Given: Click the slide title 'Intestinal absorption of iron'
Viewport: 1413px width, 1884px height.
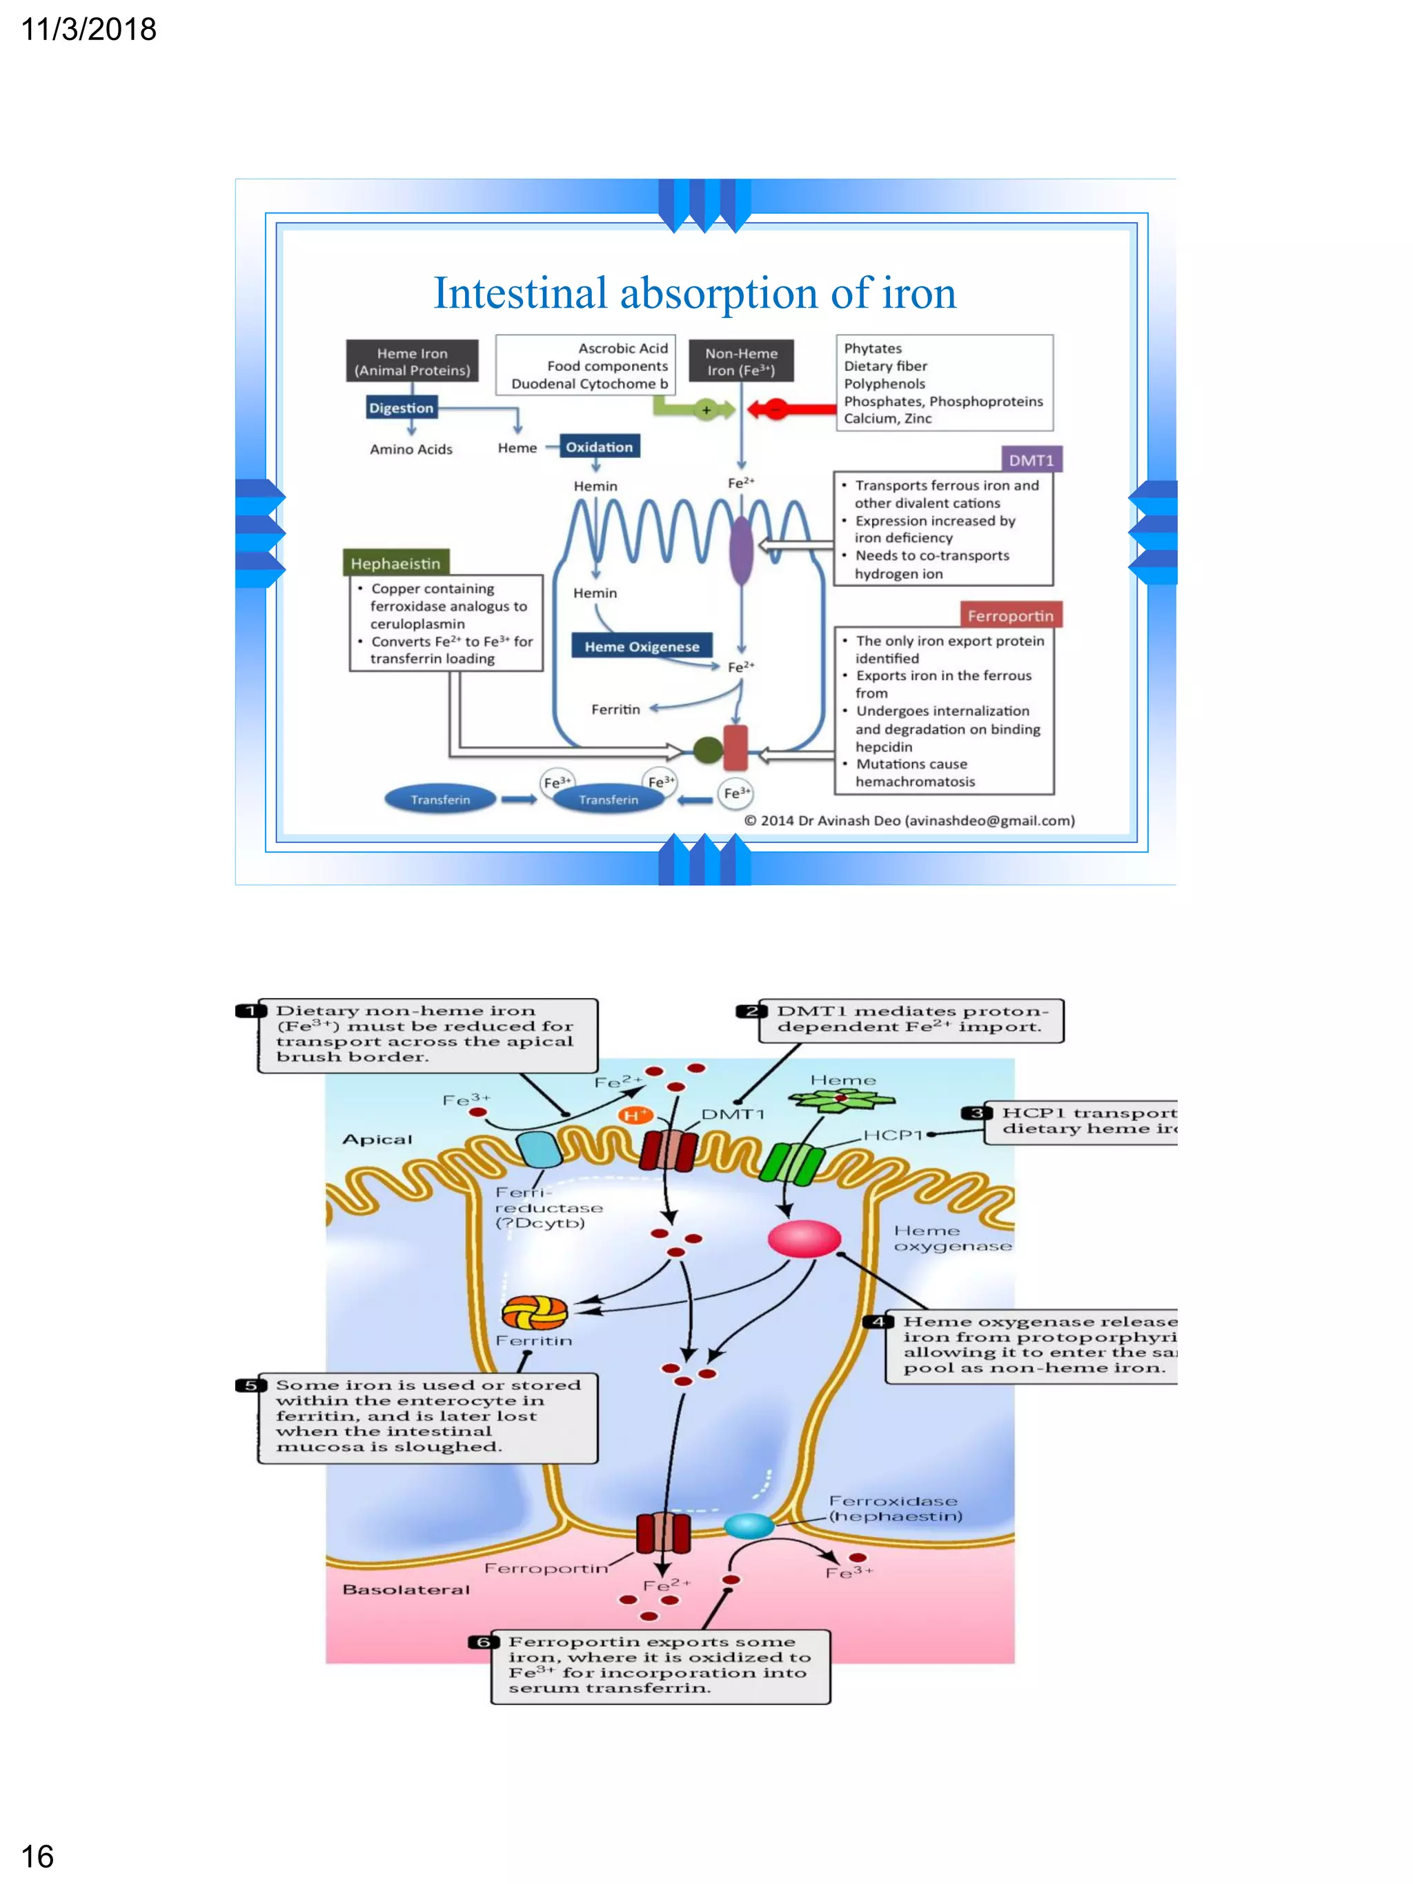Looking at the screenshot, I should (694, 293).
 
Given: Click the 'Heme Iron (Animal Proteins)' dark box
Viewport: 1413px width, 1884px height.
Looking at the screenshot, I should (412, 361).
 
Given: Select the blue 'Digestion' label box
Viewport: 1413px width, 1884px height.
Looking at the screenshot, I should (401, 408).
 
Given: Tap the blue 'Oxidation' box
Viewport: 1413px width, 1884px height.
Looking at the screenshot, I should (600, 447).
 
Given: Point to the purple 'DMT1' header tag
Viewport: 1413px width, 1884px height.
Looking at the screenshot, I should (1031, 460).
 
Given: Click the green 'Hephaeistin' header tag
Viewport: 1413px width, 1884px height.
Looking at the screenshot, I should (395, 563).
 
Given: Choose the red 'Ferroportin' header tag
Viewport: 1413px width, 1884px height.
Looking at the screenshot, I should (1010, 615).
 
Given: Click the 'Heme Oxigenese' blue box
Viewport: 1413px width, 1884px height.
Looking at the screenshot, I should (642, 646).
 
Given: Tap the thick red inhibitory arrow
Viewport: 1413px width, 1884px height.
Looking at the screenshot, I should (792, 410).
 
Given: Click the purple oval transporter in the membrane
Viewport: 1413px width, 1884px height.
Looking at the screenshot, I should (741, 549).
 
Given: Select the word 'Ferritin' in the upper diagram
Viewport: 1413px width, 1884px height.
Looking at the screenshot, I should (615, 708).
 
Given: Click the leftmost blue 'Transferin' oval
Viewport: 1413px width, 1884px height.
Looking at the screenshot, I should (439, 799).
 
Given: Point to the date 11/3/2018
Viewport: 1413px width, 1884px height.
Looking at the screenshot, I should (88, 30).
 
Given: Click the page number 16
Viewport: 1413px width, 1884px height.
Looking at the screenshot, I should (37, 1856).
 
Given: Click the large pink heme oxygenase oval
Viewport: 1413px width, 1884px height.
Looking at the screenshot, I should (804, 1239).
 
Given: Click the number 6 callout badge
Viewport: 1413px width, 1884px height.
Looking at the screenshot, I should (483, 1641).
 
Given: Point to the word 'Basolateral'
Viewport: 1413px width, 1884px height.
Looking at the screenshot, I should (406, 1589).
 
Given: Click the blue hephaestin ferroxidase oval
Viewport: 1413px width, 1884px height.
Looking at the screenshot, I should (749, 1525).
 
